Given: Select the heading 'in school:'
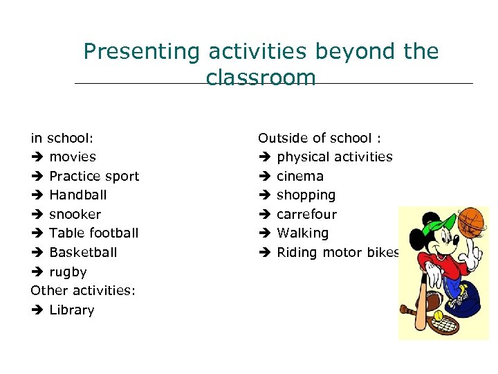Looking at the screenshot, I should tap(62, 138).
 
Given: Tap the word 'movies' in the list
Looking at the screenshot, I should tap(73, 157).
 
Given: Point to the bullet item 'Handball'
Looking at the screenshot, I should tap(78, 195).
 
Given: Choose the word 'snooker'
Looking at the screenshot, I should tap(75, 215).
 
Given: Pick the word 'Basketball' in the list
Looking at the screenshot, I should tap(84, 253).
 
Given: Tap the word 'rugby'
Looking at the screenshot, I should tap(68, 272).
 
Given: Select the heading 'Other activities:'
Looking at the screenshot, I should tap(83, 291).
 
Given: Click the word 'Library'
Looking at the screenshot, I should tap(72, 310).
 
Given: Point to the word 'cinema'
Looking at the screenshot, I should tap(300, 176).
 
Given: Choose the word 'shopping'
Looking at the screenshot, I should tap(306, 195).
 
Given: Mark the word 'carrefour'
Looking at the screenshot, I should tap(306, 215).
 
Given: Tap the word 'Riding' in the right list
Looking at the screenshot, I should tap(295, 253).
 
